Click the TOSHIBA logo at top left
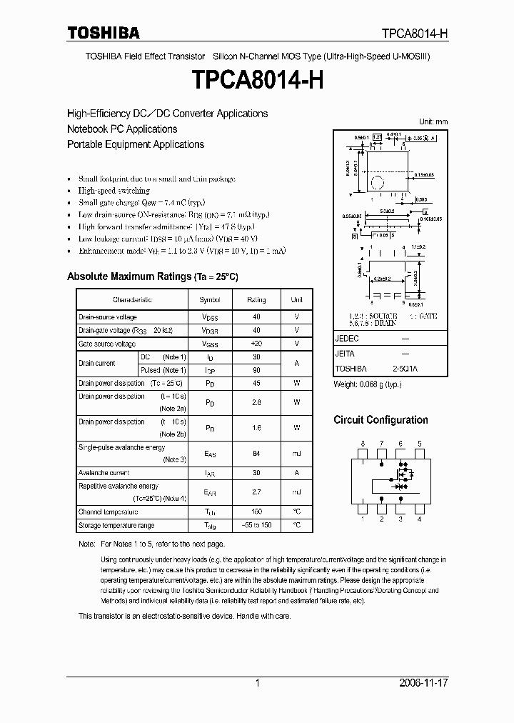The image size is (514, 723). [x=104, y=33]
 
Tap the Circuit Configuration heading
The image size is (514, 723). [x=381, y=420]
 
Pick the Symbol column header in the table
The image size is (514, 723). [x=210, y=300]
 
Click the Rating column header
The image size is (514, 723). [x=256, y=300]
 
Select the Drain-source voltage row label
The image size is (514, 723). [x=108, y=316]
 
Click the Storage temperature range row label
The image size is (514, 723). [x=116, y=526]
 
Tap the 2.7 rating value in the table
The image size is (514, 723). [x=256, y=492]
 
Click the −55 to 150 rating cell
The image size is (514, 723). [x=256, y=526]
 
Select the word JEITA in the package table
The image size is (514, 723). [x=345, y=354]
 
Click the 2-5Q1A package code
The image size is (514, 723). [x=405, y=369]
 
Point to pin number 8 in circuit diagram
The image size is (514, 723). [x=363, y=444]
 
